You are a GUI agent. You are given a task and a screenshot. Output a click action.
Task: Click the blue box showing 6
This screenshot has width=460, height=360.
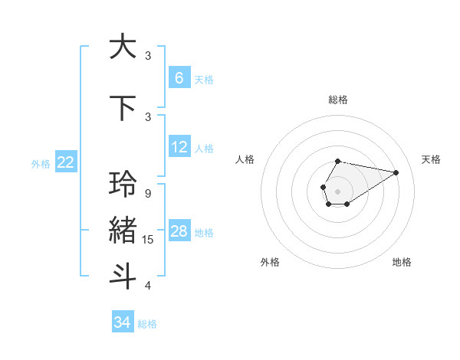(179, 77)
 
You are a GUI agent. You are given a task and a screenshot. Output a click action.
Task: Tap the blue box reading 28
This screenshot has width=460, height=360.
(179, 231)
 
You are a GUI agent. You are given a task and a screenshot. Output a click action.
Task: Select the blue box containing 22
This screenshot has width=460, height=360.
(66, 162)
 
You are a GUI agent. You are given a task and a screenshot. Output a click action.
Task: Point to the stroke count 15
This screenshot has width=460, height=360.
(148, 240)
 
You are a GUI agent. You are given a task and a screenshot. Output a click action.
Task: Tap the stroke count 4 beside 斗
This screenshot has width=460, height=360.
(147, 286)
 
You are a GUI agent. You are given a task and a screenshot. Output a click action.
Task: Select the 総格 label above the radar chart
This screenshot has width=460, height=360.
(337, 100)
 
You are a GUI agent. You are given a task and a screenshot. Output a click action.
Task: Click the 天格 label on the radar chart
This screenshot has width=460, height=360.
(432, 159)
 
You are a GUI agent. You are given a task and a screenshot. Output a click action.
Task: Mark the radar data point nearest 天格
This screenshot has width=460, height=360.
(396, 172)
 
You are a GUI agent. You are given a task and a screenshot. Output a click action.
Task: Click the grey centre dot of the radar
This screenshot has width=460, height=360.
(337, 190)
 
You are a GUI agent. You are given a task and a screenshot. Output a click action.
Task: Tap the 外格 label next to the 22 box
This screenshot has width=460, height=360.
(41, 163)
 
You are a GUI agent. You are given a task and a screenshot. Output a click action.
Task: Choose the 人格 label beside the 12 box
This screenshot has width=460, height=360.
(204, 148)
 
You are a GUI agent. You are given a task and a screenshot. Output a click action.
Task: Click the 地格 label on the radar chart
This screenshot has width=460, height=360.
(402, 262)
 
